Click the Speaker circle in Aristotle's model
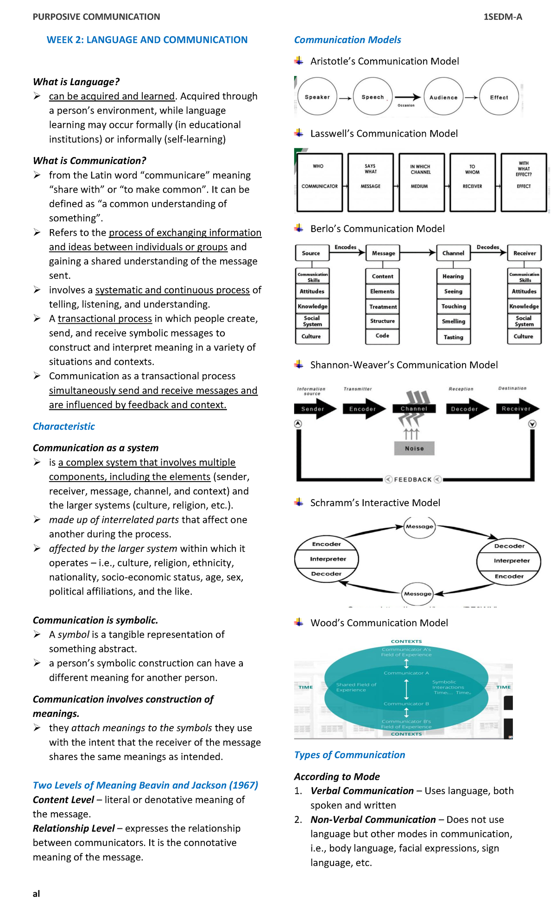coord(317,97)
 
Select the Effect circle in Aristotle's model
coord(499,97)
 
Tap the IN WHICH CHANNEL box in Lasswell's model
coord(420,182)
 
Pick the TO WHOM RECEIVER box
coord(472,182)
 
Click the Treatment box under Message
coord(383,307)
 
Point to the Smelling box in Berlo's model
coord(454,321)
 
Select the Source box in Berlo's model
coord(311,253)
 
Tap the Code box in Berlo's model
coord(382,336)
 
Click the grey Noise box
coord(414,448)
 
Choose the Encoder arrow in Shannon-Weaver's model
coord(364,409)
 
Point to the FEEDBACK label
coord(413,479)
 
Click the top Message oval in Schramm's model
coord(419,526)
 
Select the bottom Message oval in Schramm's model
coord(417,594)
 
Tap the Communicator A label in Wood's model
coord(406,673)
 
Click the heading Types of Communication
coord(349,755)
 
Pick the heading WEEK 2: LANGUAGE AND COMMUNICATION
coord(147,40)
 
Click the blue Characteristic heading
coord(63,426)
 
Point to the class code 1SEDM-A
coord(503,17)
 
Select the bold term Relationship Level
coord(74,828)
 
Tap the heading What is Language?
coord(76,82)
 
